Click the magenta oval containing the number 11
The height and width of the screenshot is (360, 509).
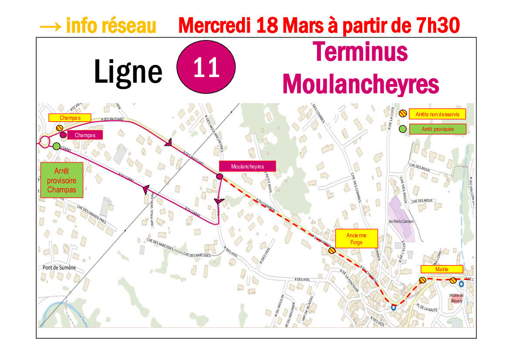coord(206,67)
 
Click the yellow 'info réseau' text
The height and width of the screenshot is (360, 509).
coord(98,26)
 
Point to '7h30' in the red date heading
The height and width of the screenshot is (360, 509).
coord(435,26)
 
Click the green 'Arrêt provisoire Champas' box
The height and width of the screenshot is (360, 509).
coord(61,180)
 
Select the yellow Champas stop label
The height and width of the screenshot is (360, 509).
coord(70,118)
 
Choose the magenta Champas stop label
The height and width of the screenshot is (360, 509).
coord(85,135)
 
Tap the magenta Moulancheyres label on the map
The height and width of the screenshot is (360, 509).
coord(247,166)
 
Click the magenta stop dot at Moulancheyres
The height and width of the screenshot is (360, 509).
coord(220,176)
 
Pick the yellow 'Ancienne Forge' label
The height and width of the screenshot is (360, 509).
coord(356,239)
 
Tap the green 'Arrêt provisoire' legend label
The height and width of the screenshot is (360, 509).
coord(438,129)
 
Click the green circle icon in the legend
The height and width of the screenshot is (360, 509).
coord(403,129)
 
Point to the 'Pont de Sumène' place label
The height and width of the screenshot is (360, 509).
coord(59,268)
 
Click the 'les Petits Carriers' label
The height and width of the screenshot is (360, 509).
coord(401,222)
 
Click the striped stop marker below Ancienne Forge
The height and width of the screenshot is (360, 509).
coord(332,250)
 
